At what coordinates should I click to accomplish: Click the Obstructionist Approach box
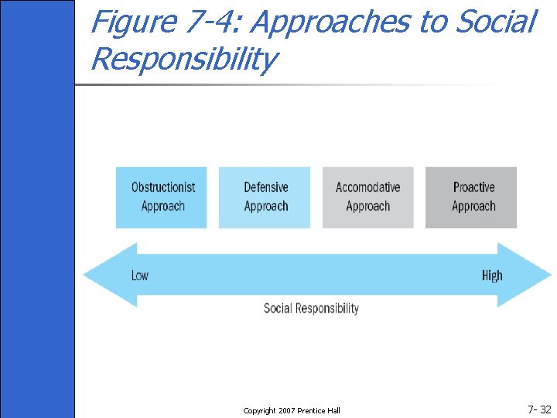(162, 197)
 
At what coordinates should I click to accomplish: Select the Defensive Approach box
(265, 197)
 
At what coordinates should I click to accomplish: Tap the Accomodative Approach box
(367, 197)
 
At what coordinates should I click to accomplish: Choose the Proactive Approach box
(471, 197)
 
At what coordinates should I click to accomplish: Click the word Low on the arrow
(140, 276)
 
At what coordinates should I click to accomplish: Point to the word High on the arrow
(492, 276)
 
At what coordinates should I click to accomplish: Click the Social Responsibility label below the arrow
(311, 308)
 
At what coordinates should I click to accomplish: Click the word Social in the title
(495, 22)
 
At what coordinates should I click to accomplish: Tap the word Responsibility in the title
(183, 59)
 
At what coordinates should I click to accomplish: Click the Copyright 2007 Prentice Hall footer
(292, 410)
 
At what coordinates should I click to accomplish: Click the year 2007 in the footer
(289, 410)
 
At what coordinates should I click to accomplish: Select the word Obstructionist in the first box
(163, 187)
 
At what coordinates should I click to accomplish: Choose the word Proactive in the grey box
(473, 187)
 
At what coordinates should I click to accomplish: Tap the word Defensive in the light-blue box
(265, 187)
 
